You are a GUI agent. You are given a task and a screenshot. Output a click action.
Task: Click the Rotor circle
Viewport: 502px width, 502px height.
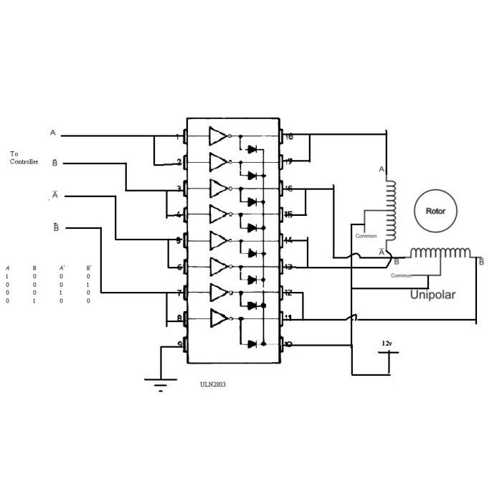[435, 212]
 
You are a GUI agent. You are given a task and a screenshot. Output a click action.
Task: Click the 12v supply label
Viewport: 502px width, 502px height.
[387, 345]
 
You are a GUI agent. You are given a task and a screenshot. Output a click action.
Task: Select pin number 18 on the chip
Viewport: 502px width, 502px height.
[290, 136]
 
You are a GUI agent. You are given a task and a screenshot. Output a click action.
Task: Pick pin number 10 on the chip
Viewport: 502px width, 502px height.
[289, 344]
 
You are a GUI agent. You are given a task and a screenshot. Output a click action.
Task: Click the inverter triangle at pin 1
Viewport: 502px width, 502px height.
[218, 136]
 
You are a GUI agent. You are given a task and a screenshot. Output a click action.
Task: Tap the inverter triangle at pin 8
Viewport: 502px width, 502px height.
[218, 318]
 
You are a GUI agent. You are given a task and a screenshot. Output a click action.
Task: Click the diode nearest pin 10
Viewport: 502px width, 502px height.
[252, 344]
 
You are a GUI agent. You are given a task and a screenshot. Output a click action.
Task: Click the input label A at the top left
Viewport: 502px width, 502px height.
[52, 133]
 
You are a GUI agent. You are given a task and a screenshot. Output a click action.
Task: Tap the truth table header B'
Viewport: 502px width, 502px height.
[88, 267]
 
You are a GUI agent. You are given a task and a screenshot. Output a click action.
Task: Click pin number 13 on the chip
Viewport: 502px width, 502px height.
[290, 267]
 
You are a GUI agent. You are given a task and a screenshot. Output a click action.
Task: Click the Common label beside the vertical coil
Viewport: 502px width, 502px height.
[366, 235]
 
